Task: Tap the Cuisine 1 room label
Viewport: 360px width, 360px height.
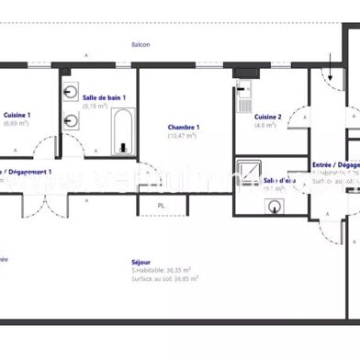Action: click(17, 115)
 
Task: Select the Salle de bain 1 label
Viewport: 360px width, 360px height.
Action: click(104, 97)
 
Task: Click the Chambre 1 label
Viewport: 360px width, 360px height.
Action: click(184, 127)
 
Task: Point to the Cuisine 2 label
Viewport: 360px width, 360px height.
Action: click(267, 117)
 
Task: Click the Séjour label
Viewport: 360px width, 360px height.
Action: click(141, 262)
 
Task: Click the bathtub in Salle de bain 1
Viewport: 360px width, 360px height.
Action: click(123, 132)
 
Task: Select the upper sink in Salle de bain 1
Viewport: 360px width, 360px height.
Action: click(71, 93)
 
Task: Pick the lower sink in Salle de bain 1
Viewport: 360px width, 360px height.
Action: click(71, 118)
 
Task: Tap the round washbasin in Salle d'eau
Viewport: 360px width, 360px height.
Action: click(275, 207)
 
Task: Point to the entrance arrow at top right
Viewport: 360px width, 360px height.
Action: click(331, 66)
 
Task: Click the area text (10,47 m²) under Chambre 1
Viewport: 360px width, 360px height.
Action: click(184, 136)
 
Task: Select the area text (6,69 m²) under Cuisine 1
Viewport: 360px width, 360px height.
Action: click(17, 123)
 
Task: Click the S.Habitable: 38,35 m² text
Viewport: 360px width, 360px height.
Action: click(161, 270)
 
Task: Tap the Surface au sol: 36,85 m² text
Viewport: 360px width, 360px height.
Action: click(165, 277)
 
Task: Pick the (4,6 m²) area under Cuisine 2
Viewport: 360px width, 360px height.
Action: click(266, 125)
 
